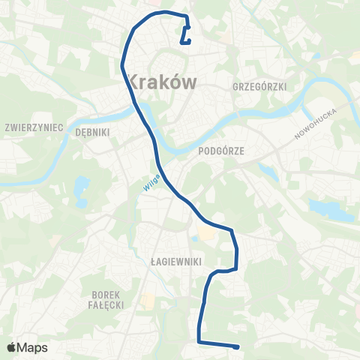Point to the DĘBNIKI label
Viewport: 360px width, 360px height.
(93, 131)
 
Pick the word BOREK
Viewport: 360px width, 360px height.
(106, 295)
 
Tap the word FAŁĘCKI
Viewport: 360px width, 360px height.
(106, 306)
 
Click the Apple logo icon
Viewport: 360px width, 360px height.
(12, 347)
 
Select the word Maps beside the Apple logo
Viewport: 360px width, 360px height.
(33, 347)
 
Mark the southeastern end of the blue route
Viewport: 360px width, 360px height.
(237, 346)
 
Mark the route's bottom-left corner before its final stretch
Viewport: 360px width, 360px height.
(199, 342)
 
